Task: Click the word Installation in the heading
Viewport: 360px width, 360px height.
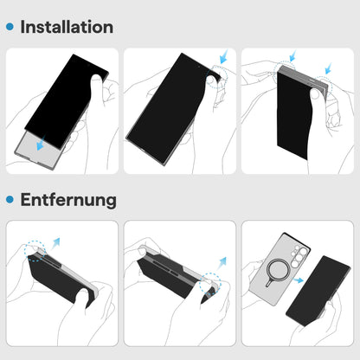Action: click(x=67, y=26)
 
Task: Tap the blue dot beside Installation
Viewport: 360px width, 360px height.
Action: click(x=10, y=27)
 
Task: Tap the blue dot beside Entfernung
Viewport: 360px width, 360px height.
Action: click(x=10, y=201)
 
